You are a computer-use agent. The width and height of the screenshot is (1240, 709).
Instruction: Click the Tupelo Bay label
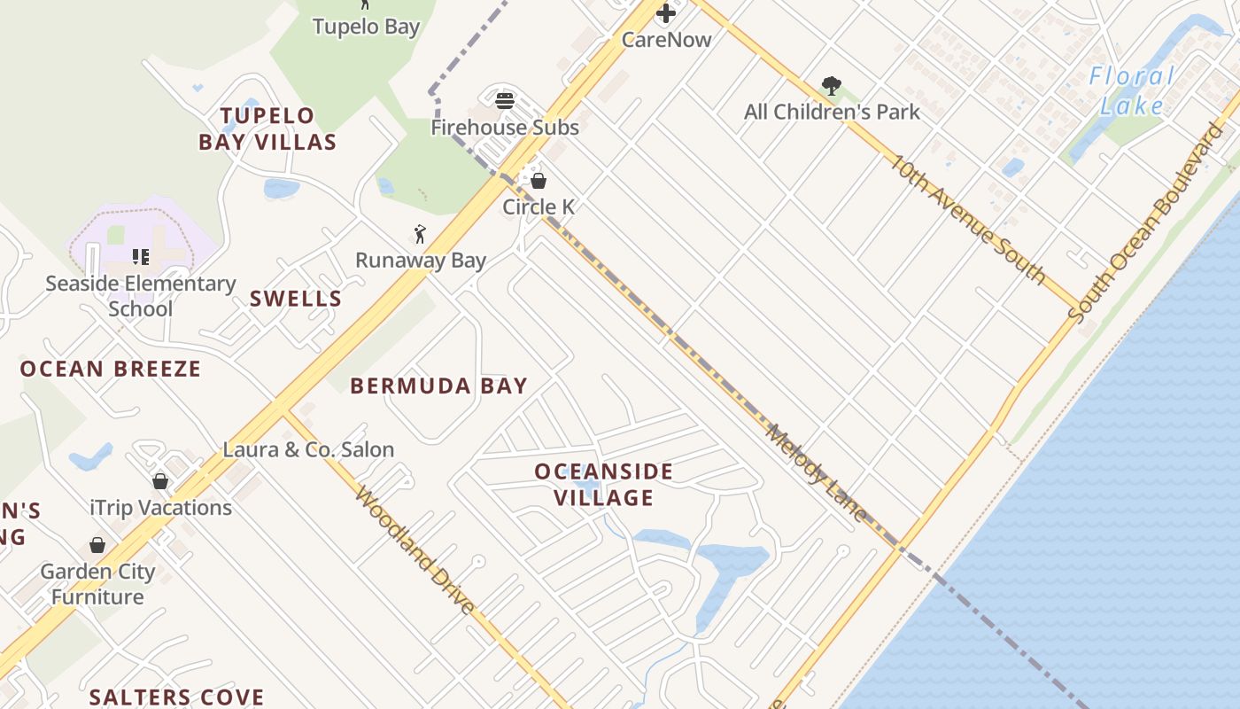(x=366, y=27)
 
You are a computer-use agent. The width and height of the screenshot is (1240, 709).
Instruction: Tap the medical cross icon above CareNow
(x=666, y=13)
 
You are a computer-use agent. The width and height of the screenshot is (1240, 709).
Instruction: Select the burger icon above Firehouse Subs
(x=505, y=100)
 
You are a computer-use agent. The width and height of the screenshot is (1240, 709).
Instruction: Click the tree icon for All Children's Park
(x=831, y=86)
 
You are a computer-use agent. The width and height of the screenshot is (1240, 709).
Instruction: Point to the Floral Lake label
(x=1132, y=90)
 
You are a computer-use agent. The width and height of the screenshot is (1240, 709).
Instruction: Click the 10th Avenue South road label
(x=968, y=218)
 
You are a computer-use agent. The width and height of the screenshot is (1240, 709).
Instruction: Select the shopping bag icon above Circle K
(x=538, y=181)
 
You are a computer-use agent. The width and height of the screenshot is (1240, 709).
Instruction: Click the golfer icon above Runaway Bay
(x=420, y=234)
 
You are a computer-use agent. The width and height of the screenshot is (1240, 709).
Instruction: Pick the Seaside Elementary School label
(x=140, y=296)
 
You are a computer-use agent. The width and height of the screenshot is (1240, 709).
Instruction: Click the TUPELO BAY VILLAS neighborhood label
(x=267, y=129)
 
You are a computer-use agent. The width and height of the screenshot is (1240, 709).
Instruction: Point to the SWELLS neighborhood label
(x=296, y=299)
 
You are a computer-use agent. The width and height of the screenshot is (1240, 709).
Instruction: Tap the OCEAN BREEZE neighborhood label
(x=111, y=369)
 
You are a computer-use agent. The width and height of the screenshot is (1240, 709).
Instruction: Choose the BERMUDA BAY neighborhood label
(x=438, y=386)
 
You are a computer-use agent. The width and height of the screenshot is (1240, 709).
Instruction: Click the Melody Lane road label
(x=816, y=472)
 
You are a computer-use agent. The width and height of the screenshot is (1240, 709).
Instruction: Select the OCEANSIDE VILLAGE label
(x=604, y=484)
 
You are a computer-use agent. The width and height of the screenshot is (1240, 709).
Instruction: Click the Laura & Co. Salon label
(x=308, y=449)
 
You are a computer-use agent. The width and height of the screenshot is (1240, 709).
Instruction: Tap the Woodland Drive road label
(x=415, y=549)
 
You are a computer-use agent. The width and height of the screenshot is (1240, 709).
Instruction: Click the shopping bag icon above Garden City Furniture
(x=97, y=545)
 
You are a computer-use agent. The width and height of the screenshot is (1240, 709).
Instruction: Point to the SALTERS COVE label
(x=176, y=697)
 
